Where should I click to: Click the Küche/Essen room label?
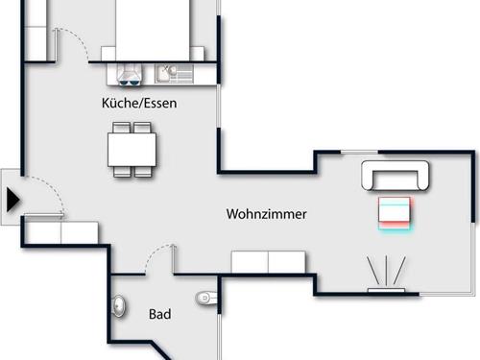tap(139, 102)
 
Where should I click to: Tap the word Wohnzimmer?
tap(267, 214)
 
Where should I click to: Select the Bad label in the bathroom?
tap(159, 314)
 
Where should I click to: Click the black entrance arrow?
tap(12, 200)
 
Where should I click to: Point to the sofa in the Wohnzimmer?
tap(396, 177)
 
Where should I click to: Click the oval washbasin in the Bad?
tap(119, 306)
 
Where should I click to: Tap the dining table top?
tap(133, 150)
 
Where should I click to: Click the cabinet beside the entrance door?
tap(60, 232)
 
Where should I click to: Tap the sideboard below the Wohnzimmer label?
tap(268, 262)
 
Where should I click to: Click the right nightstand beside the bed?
tap(201, 53)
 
